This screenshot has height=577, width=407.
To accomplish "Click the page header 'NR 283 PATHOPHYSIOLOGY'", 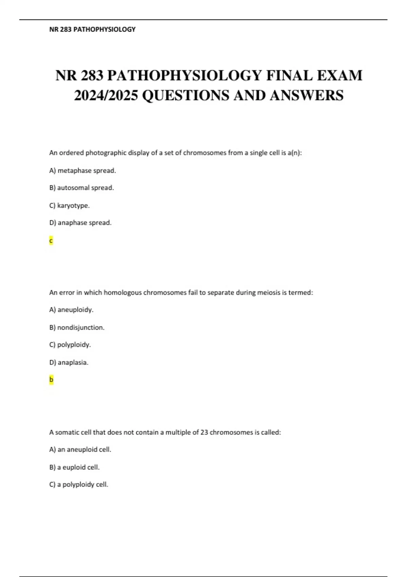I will coord(92,30).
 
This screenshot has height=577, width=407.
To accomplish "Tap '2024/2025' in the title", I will coord(106,95).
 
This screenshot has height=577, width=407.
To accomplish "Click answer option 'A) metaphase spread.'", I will coord(82,171).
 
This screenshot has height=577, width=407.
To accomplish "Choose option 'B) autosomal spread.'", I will coord(81,188).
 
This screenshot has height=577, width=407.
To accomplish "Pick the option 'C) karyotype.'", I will coord(70,206).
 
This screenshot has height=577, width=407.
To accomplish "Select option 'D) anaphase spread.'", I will coord(80,223).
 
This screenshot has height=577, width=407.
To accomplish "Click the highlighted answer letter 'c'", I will coord(51,241).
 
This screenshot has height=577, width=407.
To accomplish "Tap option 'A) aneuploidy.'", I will coord(71,310).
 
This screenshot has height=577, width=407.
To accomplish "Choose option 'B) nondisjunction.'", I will coord(77,328).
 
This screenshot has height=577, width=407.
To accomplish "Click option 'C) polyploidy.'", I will coord(70,345).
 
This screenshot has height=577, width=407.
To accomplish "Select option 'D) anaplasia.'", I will coord(69,362).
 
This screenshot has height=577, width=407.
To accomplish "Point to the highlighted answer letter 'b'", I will coord(51,379).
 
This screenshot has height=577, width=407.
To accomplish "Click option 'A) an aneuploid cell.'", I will coord(80,450).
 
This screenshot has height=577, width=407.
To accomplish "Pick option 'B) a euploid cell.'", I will coord(74,467).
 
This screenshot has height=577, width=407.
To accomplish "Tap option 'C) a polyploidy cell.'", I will coord(79,485).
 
